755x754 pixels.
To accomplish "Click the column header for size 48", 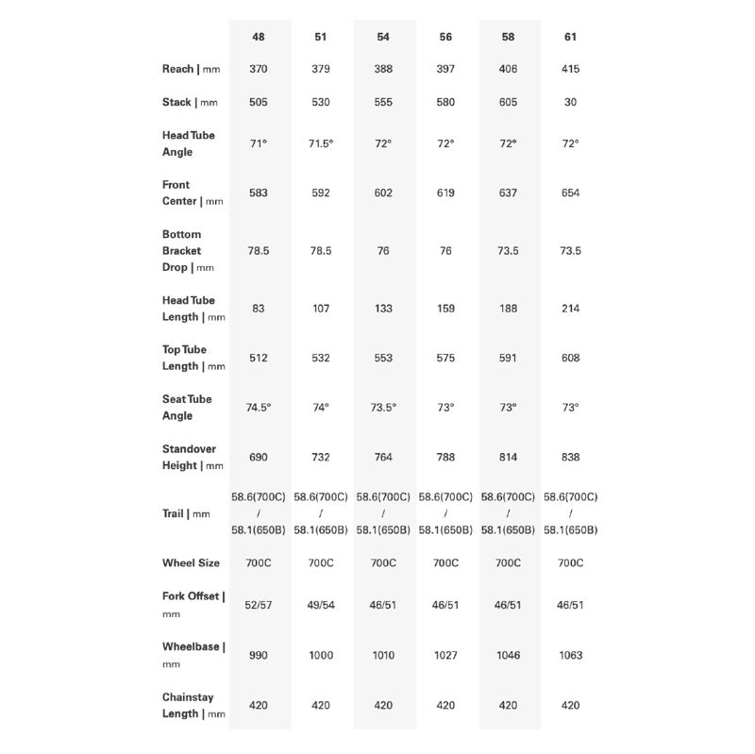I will click(258, 37).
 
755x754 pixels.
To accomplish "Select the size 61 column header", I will click(570, 37).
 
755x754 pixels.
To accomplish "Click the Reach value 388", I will click(383, 70).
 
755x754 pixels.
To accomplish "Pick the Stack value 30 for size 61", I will click(570, 102).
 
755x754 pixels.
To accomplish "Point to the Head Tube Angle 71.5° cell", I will click(321, 143).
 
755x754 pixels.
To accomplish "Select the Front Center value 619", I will click(445, 193).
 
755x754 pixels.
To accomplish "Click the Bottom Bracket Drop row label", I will click(189, 251).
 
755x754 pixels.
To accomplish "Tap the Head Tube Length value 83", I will click(258, 309).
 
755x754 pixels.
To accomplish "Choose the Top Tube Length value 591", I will click(508, 358).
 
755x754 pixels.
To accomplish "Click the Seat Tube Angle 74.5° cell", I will click(258, 408).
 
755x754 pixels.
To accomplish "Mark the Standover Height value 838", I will click(570, 457).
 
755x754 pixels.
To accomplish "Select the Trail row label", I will click(186, 514).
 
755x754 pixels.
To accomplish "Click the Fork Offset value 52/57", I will click(258, 604).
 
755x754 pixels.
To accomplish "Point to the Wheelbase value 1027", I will click(445, 655).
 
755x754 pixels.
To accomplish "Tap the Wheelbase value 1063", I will click(570, 655).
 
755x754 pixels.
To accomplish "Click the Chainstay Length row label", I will click(193, 705).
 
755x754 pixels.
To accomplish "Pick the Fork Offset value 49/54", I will click(321, 604).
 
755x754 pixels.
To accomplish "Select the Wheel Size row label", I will click(191, 563).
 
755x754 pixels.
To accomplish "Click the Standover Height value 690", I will click(258, 457).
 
